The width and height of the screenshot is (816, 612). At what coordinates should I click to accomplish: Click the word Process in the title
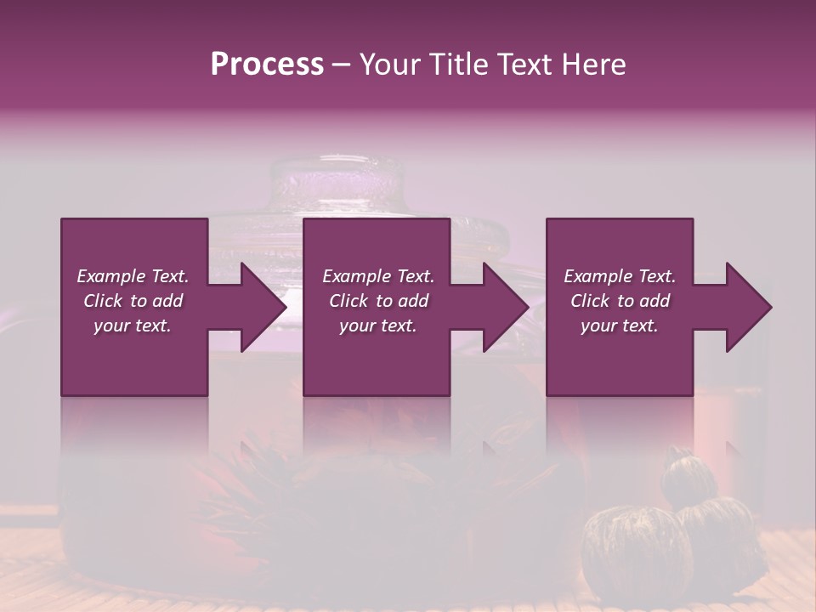coord(267,64)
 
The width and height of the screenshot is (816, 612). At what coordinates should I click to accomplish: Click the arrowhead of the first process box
coord(259,307)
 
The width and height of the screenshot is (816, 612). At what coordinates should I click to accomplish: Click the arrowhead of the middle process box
coord(502,307)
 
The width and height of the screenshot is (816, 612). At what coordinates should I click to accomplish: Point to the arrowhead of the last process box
coord(745,307)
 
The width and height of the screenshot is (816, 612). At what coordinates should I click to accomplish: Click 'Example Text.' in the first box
coord(133,276)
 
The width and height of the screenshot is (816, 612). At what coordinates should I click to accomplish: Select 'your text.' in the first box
coord(133,326)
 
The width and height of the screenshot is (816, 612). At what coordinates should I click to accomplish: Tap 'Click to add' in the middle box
coord(378,301)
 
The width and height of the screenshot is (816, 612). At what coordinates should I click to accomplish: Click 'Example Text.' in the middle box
coord(378,276)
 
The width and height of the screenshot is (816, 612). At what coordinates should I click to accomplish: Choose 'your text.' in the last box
coord(620,326)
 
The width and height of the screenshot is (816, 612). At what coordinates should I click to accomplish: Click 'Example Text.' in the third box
coord(620,276)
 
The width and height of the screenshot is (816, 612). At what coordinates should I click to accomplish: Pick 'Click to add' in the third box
coord(620,301)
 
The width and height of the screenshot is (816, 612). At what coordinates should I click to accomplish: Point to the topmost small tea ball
coord(689,476)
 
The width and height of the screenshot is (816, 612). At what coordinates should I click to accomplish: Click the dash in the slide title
coord(341,65)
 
